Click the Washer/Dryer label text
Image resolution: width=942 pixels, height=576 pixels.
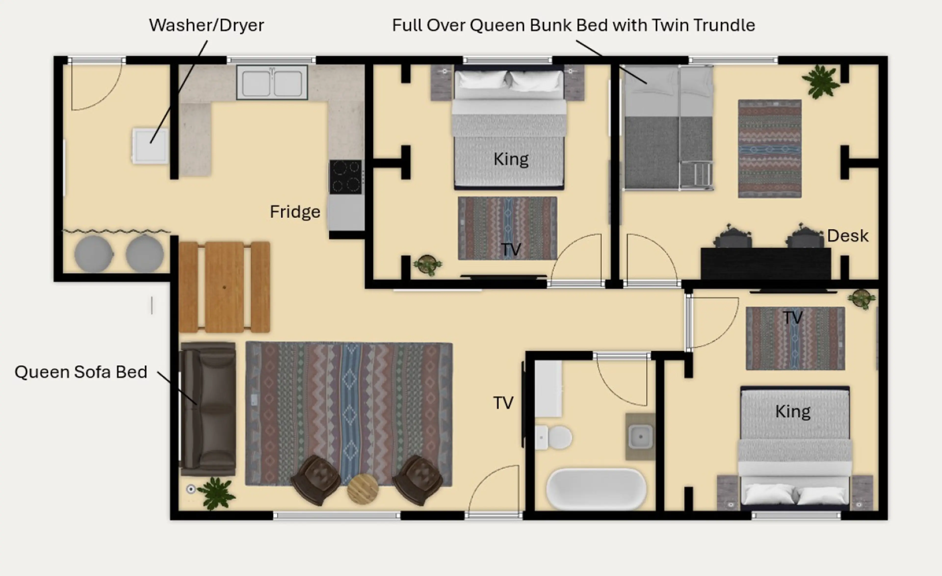point(207,26)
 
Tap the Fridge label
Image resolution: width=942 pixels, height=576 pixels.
point(295,212)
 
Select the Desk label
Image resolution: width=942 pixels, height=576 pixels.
point(848,236)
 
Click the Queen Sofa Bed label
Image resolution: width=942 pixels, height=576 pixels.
point(81,372)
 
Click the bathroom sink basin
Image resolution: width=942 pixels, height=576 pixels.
point(640,436)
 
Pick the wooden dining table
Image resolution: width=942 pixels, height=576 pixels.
point(224,287)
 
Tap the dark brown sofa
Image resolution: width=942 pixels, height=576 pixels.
point(208,409)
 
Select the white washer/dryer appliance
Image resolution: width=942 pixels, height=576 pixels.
point(150,146)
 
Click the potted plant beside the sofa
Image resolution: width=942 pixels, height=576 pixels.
point(216,493)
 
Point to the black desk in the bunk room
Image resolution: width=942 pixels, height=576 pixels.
point(766,264)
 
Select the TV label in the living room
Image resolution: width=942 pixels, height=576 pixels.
point(503,403)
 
